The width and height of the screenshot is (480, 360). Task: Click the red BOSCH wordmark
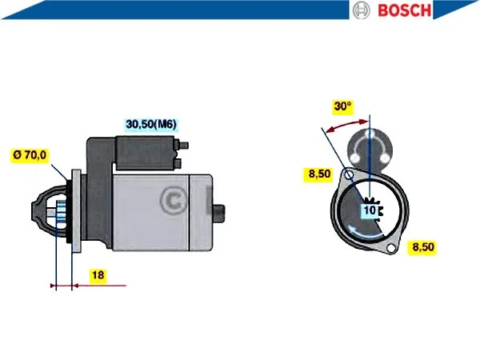[404, 10]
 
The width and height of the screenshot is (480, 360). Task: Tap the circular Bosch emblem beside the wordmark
[362, 10]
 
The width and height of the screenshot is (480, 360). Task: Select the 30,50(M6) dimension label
[151, 124]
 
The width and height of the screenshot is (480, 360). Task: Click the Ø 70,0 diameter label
[30, 155]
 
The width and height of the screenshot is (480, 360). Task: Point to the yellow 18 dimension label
[98, 275]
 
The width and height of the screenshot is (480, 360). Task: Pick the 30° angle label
[343, 106]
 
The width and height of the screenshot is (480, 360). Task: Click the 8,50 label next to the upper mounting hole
[319, 174]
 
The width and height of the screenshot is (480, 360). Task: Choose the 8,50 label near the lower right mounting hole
[423, 246]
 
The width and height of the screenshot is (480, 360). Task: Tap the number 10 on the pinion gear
[370, 210]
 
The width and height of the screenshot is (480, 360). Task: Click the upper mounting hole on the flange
[349, 174]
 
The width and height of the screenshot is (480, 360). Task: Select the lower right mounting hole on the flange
[391, 248]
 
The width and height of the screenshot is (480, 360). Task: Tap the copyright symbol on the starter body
[174, 201]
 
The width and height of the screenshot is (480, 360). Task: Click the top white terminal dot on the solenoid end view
[370, 134]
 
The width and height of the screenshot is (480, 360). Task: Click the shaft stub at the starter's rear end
[218, 212]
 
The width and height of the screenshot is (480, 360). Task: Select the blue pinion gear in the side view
[60, 214]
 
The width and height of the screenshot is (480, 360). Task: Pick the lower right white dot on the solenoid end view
[385, 158]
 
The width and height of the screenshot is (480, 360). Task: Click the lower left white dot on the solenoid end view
[355, 158]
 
